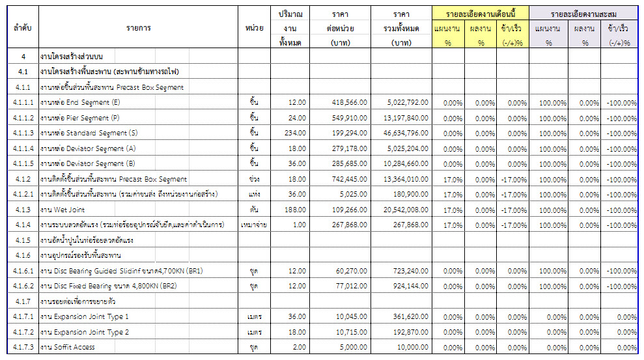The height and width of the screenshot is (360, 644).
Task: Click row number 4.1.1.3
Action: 23,133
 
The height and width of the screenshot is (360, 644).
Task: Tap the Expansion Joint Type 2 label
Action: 84,332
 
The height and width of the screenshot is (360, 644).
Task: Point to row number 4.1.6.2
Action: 23,286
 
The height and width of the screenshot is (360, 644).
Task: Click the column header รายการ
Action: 139,29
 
